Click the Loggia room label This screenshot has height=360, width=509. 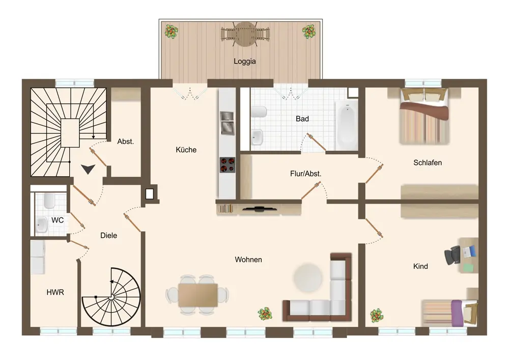pos(245,61)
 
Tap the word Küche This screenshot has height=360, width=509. pos(186,150)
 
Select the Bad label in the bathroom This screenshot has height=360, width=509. pos(302,119)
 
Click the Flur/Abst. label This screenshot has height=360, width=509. pos(305,174)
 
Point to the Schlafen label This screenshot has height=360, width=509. pos(428,162)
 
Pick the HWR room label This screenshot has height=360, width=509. pos(55,292)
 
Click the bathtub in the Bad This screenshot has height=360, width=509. pos(347,125)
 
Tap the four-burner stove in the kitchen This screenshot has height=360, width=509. pos(227,164)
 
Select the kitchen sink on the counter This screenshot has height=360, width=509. pos(227,123)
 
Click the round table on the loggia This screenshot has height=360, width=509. pos(245,34)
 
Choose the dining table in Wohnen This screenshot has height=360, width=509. pos(197,295)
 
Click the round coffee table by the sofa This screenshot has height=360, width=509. pos(308,278)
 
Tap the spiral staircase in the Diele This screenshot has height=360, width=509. pos(111,297)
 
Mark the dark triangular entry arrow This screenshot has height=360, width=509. pos(88,169)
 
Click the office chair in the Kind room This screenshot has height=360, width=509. pos(453,255)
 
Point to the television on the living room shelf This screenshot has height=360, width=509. pos(260,209)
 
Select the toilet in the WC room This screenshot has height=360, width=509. pos(49,201)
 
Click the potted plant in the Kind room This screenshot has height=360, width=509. pos(377,316)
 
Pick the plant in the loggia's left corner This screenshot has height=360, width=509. pos(172,32)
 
